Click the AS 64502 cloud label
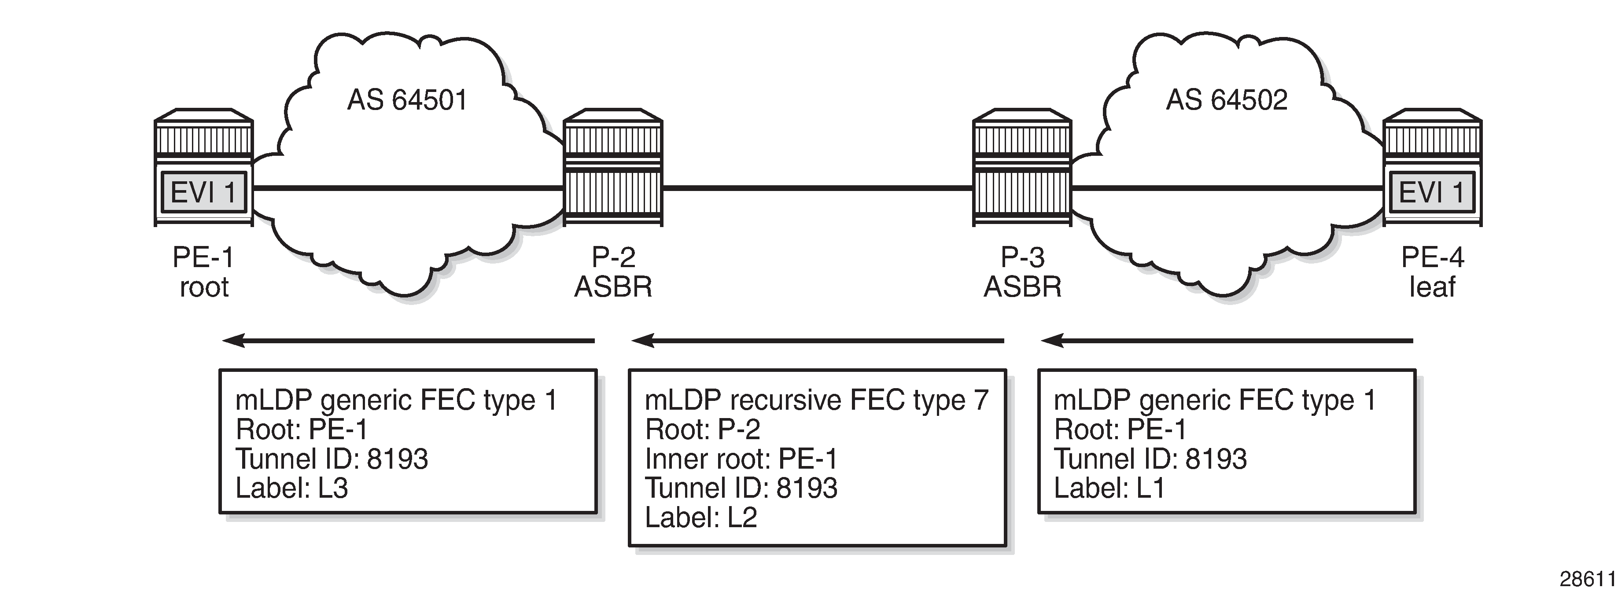1226,100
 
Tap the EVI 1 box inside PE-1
203,191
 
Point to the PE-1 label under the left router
203,257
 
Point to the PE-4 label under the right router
1432,257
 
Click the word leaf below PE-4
1432,287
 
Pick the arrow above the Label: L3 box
408,341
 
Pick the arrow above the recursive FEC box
818,341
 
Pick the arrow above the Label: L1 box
1227,341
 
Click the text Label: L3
291,488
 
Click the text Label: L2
701,518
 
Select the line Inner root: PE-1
741,459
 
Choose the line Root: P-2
702,429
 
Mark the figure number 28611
1587,578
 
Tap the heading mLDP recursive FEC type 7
817,400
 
